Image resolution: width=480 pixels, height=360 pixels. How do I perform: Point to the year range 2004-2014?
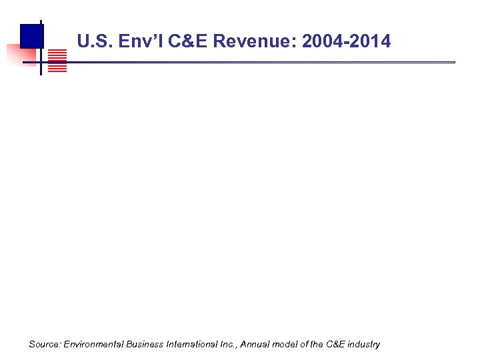[x=346, y=43]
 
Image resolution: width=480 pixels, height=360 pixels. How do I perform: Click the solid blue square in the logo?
[x=31, y=35]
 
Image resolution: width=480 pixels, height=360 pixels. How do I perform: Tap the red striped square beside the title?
[x=58, y=60]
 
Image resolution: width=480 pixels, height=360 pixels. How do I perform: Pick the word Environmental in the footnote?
[x=90, y=345]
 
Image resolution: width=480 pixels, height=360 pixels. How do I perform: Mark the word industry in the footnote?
[x=365, y=345]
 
